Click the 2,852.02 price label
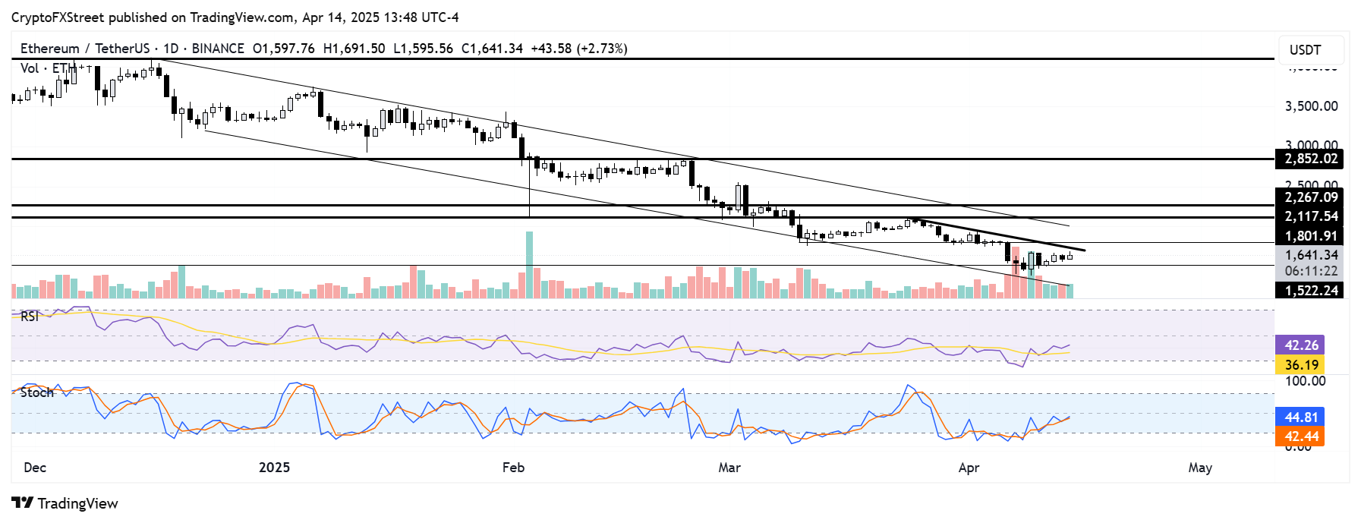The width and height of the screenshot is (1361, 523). pos(1311,159)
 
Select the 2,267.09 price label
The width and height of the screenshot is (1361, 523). pos(1311,197)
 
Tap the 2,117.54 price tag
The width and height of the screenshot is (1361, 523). pos(1311,216)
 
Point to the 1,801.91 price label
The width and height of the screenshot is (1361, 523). pos(1311,236)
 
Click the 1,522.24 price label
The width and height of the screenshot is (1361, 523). pos(1311,290)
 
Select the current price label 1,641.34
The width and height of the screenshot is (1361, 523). pos(1311,255)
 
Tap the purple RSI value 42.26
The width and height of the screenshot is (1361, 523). pos(1301,345)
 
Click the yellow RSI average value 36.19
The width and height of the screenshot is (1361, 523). pos(1301,364)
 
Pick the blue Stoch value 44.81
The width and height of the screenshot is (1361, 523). pos(1301,417)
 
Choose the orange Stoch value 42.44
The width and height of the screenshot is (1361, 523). pos(1301,436)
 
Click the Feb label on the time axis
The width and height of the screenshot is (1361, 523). pos(513,467)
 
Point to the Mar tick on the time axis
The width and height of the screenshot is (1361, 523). pos(729,467)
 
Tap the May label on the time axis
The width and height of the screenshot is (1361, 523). pos(1199,467)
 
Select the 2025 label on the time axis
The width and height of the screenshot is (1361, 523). pos(274,467)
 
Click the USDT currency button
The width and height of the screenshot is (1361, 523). pos(1305,50)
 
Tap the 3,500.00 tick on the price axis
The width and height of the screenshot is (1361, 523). pos(1311,106)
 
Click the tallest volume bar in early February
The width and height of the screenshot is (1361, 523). pos(529,266)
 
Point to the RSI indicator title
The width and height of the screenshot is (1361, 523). pos(30,317)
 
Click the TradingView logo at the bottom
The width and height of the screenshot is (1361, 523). pos(65,503)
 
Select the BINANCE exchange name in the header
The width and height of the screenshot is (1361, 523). pos(218,49)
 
